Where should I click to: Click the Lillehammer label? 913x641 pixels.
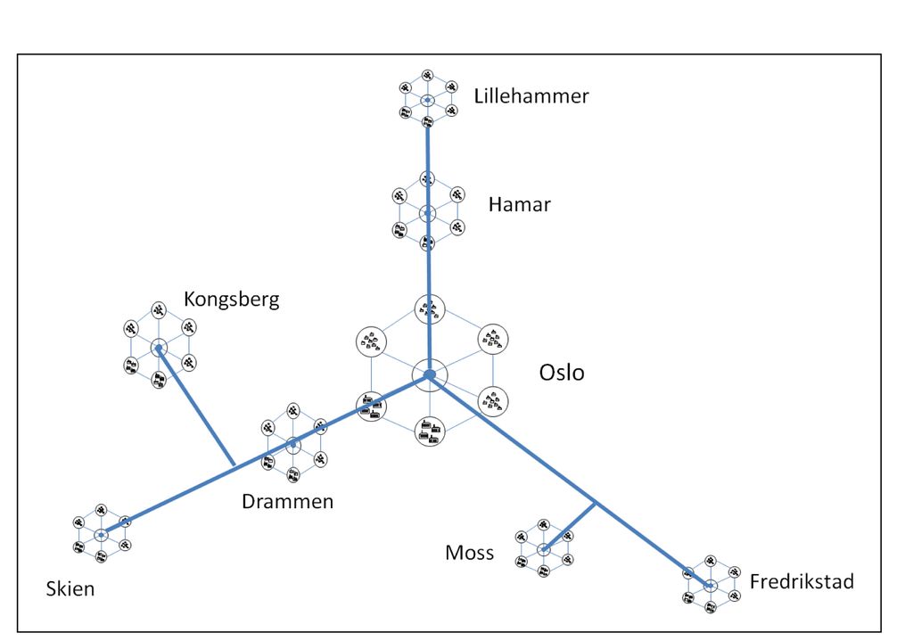point(531,96)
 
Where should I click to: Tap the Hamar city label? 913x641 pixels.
point(519,204)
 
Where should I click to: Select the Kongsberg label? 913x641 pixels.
point(231,299)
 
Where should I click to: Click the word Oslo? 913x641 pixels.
point(562,372)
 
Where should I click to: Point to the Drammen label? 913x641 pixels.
point(287,501)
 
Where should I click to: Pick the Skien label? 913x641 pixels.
point(70,588)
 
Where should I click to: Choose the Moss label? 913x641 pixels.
point(469,553)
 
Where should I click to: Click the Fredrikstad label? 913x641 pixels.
point(802,582)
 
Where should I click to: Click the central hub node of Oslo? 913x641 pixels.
point(429,374)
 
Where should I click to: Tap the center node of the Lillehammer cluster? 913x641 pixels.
point(427,100)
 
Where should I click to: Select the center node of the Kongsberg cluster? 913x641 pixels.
point(159,349)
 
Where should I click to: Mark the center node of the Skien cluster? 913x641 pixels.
point(102,535)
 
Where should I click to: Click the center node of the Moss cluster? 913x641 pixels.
point(543,549)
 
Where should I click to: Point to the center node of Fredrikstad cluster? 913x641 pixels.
point(710,586)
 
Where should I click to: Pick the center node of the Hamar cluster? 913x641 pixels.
point(428,213)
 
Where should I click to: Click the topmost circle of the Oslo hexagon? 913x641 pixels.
point(429,308)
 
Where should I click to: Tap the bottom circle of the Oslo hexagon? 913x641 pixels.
point(429,431)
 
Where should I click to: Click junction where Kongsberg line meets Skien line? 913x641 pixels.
point(234,465)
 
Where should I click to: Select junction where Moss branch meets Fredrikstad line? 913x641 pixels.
point(596,504)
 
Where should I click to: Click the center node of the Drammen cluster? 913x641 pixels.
point(293,443)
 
